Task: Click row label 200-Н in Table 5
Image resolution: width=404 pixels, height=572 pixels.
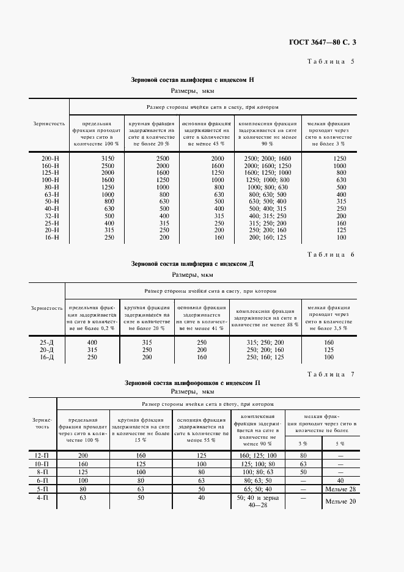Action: pyautogui.click(x=49, y=159)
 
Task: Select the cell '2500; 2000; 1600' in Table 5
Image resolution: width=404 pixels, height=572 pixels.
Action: pyautogui.click(x=268, y=159)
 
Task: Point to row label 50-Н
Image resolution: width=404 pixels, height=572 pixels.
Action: pyautogui.click(x=49, y=201)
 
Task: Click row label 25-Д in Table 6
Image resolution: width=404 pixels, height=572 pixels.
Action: pyautogui.click(x=46, y=343)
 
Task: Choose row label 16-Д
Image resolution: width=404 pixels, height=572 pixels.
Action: pyautogui.click(x=46, y=356)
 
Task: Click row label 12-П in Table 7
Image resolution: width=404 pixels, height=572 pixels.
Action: pyautogui.click(x=42, y=455)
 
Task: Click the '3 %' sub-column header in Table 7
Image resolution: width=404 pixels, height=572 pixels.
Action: pyautogui.click(x=303, y=443)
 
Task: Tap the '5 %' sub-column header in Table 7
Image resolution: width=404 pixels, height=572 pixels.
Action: pyautogui.click(x=340, y=443)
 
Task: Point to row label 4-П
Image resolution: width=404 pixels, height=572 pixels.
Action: pyautogui.click(x=42, y=499)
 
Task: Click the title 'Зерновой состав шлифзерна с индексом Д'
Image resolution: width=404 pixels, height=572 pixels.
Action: pyautogui.click(x=193, y=264)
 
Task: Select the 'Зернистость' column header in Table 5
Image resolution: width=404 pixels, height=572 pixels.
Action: pyautogui.click(x=49, y=123)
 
